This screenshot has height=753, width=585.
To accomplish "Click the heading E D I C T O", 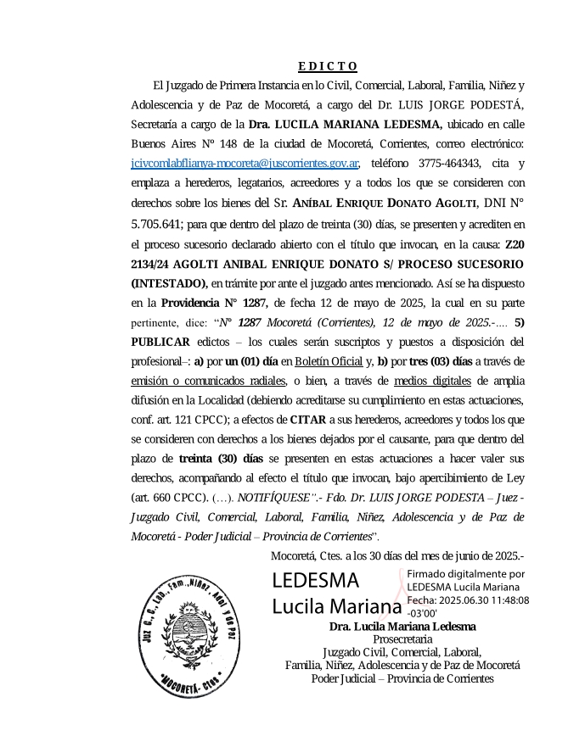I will (328, 66).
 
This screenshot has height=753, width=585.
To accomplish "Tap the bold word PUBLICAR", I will (160, 342).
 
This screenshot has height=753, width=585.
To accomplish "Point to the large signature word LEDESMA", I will (314, 582).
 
